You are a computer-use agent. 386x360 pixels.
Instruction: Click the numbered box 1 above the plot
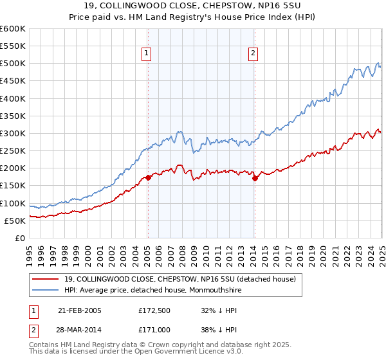tap(147, 54)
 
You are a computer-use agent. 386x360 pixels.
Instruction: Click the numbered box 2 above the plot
tap(253, 54)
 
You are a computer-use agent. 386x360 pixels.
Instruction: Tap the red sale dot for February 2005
tap(148, 177)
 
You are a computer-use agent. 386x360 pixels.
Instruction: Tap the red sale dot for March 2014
tap(255, 178)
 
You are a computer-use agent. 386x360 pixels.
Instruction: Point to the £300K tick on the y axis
tap(13, 133)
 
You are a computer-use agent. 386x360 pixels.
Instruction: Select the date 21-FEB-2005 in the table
tap(80, 310)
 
